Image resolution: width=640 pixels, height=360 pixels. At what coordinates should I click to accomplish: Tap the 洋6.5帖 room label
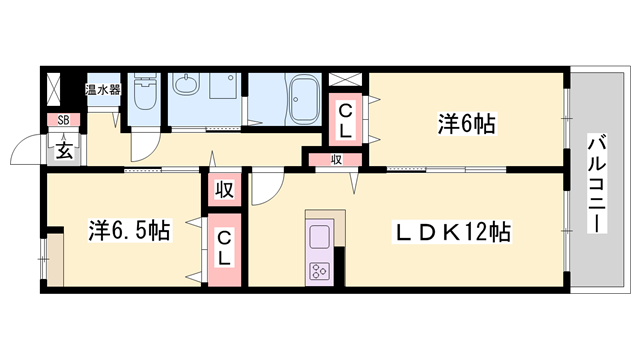coord(127,232)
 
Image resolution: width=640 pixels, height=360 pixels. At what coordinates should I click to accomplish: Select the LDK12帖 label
coord(452,233)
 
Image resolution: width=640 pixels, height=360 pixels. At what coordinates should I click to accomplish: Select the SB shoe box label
coord(63,121)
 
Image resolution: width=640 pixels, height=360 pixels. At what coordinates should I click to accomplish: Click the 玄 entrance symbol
coord(63,150)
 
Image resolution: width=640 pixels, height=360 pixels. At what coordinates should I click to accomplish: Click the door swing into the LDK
coord(265,184)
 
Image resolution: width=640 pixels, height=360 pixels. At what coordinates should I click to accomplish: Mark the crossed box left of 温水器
coord(62,90)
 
